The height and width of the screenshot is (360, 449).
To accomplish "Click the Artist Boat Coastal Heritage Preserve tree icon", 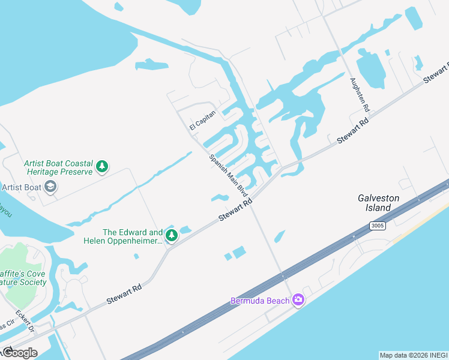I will click(102, 166).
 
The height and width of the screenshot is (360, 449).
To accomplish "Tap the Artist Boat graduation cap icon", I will click(50, 187).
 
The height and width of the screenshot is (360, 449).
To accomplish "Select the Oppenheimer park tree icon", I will click(172, 236).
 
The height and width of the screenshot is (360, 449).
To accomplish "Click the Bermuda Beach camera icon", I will click(298, 300).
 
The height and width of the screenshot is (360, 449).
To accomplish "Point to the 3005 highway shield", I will click(376, 226).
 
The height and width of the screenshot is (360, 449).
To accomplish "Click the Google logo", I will click(20, 353).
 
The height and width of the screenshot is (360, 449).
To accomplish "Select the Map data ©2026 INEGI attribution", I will click(414, 355).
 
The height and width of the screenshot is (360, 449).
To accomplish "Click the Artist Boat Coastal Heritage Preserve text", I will click(58, 167).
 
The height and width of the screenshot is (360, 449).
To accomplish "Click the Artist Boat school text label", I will click(22, 187).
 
